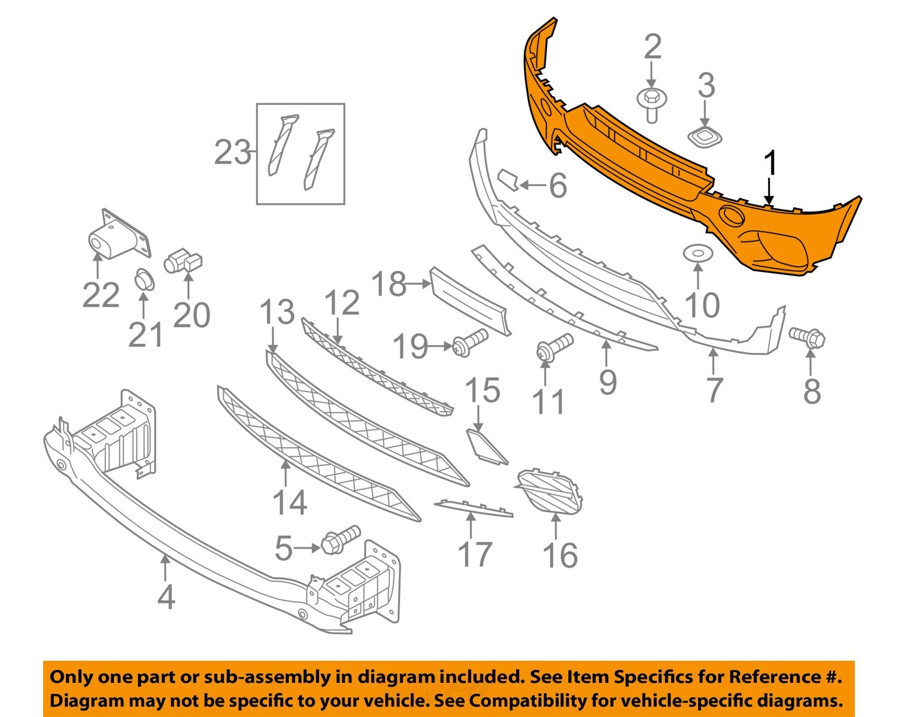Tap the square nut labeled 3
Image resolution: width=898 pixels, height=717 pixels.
pyautogui.click(x=706, y=138)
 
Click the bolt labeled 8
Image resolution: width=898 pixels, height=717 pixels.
pyautogui.click(x=808, y=337)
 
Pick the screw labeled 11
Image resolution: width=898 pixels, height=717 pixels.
pyautogui.click(x=555, y=347)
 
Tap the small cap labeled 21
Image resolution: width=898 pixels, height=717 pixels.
pyautogui.click(x=144, y=279)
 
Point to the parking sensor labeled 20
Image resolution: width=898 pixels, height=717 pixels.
pyautogui.click(x=183, y=261)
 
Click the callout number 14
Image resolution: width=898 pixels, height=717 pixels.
pyautogui.click(x=290, y=503)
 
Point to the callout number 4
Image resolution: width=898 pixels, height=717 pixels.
pyautogui.click(x=166, y=597)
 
